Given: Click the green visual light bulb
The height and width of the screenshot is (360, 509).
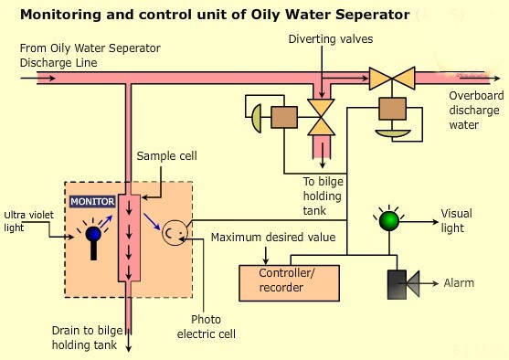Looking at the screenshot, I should pos(388,220).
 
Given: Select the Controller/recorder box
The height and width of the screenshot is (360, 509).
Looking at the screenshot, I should pos(288,282).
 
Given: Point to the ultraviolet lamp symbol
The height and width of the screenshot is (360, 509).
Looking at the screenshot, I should pos(93,236).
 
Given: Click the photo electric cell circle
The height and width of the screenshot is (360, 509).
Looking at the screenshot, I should pos(173,234).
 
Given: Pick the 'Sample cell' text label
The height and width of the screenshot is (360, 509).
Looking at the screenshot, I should pos(166,156).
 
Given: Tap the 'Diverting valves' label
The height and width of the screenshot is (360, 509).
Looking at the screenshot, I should pos(331,39).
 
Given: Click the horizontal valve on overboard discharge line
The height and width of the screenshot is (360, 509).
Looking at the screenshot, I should pos(391,78).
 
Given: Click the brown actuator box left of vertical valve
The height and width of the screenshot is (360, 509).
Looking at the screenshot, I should pos(284,117).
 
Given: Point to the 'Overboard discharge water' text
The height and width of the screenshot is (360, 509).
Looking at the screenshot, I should pos(474,107).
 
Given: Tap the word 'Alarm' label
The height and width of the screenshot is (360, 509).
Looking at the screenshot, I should pos(459,283).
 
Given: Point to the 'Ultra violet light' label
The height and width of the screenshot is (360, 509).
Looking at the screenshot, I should pos(27,221).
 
